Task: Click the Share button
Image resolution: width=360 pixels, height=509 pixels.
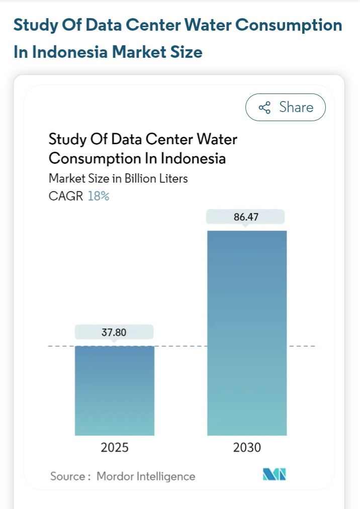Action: (286, 107)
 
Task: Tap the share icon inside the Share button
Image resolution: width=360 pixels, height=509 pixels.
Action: (264, 108)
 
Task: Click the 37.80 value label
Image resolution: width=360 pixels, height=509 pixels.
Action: (114, 332)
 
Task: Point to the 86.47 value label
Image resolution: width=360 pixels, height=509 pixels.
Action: (246, 217)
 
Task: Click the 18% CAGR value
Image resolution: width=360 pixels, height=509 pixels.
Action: (99, 196)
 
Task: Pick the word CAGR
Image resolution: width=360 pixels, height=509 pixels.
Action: (66, 196)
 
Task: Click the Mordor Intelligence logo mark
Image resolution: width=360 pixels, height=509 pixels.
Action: (275, 475)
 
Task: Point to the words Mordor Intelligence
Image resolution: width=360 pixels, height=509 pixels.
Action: (146, 476)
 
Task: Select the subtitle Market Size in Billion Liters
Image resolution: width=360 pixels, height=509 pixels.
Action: (118, 178)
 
